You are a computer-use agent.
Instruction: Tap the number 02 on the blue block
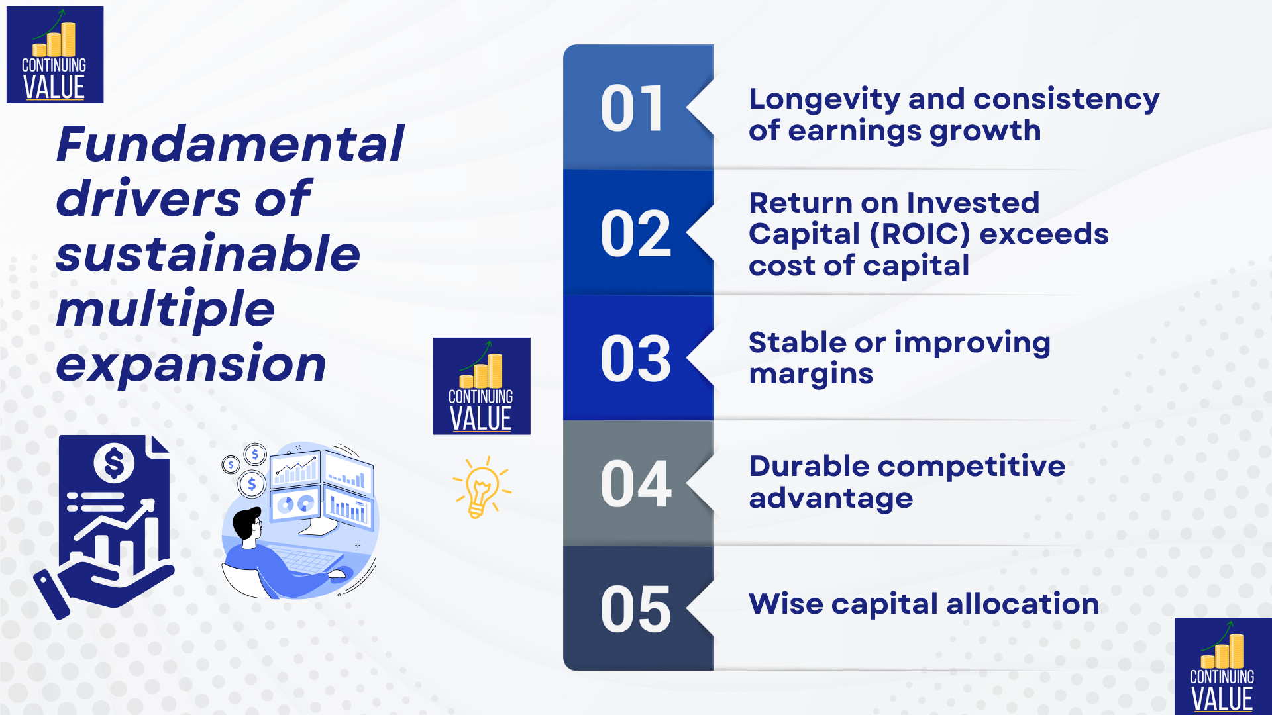click(x=635, y=233)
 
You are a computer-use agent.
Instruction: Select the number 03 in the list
click(x=635, y=358)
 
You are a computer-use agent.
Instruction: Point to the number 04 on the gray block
click(x=635, y=483)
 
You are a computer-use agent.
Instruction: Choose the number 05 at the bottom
click(x=635, y=608)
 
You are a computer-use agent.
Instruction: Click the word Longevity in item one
click(x=824, y=99)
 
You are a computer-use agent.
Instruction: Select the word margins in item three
click(x=811, y=375)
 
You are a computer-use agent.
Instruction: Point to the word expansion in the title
click(x=191, y=365)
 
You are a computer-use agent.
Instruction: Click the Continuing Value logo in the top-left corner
click(x=55, y=54)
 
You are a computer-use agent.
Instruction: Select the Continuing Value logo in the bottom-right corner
click(x=1223, y=666)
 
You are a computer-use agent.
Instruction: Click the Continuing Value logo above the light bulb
click(x=482, y=386)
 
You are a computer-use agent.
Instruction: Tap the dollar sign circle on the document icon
click(x=114, y=463)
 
